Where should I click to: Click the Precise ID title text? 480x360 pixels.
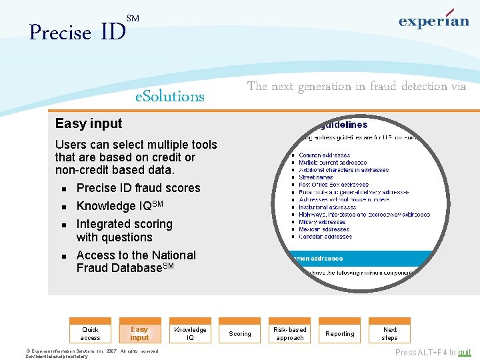pos(77,32)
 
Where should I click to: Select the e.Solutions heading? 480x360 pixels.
pos(170,96)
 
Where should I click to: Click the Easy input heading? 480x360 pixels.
pos(89,123)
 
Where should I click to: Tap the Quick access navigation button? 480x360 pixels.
pos(90,333)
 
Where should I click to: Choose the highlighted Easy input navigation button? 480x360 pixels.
pos(139,333)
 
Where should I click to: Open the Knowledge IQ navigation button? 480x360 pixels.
pos(190,333)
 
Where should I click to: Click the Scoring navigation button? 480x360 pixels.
pos(240,333)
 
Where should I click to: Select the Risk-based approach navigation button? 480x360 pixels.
pos(290,333)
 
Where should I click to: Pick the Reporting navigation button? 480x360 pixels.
pos(340,333)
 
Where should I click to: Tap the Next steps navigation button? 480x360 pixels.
pos(390,333)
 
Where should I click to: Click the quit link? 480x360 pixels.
pos(464,353)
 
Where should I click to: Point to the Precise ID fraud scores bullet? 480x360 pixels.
pos(138,188)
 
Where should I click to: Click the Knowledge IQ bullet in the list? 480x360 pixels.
pos(120,206)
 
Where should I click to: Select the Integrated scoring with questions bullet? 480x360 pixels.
pos(124,231)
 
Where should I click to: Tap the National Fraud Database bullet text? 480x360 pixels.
pos(136,261)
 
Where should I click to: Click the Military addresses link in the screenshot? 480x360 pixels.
pos(322,222)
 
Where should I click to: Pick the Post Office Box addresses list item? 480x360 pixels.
pos(333,185)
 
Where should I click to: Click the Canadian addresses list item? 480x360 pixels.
pos(325,237)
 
